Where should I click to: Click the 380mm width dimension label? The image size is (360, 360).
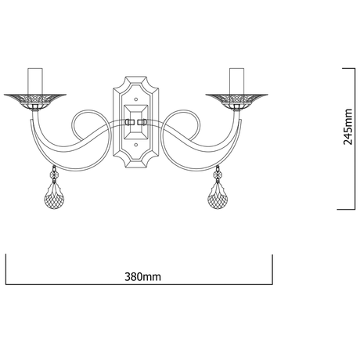(x=142, y=277)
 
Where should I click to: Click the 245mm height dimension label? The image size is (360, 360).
(x=347, y=127)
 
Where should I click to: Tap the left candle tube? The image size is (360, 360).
(x=35, y=81)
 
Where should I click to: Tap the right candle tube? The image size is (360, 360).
(x=237, y=81)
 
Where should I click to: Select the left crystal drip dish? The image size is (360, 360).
(x=35, y=101)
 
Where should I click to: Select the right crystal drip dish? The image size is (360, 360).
(x=237, y=101)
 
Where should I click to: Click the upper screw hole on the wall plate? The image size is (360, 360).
(x=135, y=99)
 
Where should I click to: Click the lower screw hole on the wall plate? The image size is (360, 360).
(x=135, y=144)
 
